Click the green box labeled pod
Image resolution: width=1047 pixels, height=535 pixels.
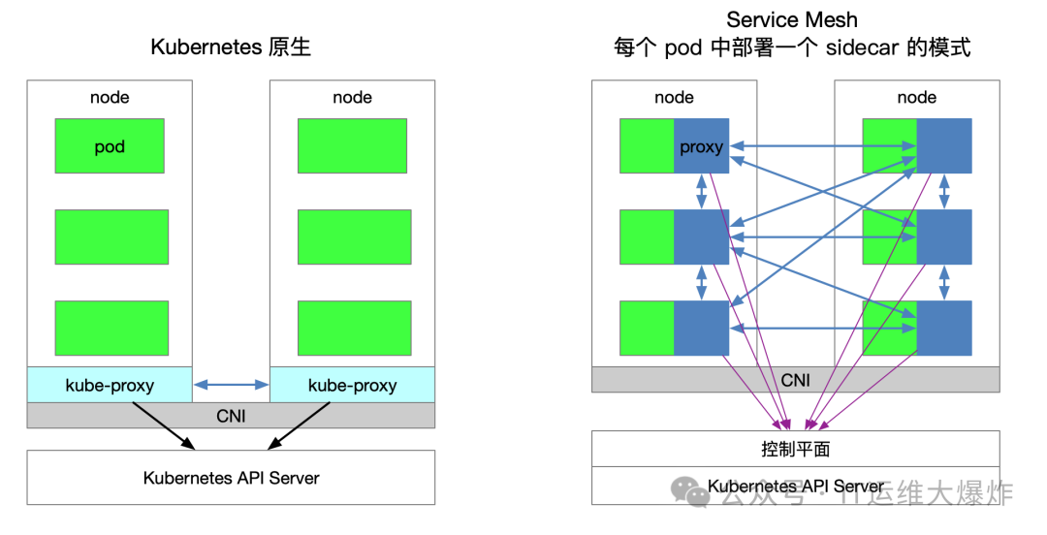[x=110, y=146]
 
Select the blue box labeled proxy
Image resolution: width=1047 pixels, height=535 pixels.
[x=701, y=146]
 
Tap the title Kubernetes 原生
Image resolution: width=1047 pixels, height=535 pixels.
[x=231, y=47]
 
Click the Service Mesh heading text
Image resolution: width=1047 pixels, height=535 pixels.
[x=792, y=19]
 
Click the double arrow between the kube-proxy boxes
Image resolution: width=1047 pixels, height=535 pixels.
[x=231, y=385]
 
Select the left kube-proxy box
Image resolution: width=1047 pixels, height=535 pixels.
[x=110, y=385]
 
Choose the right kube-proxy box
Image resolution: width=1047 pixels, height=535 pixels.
[x=352, y=385]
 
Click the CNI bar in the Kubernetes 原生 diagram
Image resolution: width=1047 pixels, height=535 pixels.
[x=231, y=415]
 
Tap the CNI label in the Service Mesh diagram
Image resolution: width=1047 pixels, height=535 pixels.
[x=795, y=380]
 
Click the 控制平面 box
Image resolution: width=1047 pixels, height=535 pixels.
[x=795, y=449]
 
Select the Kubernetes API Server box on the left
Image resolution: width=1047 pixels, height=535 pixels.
[x=231, y=478]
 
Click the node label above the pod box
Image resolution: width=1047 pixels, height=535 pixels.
[x=110, y=97]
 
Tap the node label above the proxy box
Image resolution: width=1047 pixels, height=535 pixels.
[x=674, y=97]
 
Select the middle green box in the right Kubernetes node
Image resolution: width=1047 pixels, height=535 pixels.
[x=354, y=236]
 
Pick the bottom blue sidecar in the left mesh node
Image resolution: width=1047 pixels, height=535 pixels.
[x=701, y=328]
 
